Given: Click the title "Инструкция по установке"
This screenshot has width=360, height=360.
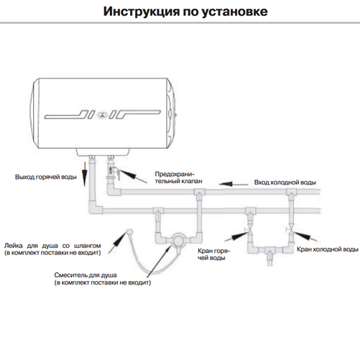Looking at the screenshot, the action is coord(185,11).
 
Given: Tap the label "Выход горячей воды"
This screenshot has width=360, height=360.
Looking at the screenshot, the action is coord(46,177).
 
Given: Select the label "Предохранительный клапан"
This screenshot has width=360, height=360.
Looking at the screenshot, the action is coord(178,177).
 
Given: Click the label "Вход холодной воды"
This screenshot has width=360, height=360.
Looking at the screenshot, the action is coord(285,183).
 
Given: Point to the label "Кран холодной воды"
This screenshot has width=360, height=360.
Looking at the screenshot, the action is coord(328,249).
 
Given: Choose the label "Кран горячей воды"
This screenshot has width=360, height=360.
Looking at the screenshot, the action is coord(213,254).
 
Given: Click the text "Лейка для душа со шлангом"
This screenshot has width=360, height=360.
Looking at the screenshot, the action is coord(52,246).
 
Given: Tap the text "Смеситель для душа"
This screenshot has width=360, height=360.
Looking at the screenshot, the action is coord(86,275).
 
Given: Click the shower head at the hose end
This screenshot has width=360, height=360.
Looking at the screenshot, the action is coord(129,231).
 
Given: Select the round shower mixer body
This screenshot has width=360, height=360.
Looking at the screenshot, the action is coord(178,240).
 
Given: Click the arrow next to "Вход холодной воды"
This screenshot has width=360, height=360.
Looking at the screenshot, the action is coord(234,184).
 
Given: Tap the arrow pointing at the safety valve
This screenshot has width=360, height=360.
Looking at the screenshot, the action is coord(132,176).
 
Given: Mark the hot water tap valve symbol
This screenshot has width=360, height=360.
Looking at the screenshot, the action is coord(249,229).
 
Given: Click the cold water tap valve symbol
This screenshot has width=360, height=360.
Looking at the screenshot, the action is coord(290,229).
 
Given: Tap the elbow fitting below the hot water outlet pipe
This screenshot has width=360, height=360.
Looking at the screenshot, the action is coord(94,208).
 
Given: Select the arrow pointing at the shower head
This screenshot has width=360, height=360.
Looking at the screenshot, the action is coord(117,242).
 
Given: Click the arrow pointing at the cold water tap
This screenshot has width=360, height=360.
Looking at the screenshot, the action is coord(305,236).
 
